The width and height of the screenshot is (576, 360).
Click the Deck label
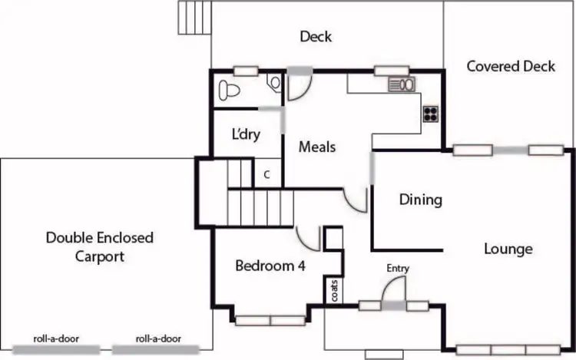point(316,36)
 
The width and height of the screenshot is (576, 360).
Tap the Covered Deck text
point(511,66)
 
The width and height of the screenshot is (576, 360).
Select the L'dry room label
point(246,134)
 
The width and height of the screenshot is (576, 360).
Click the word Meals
point(317,147)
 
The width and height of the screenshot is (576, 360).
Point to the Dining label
point(421,200)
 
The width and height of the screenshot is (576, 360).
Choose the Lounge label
point(508,249)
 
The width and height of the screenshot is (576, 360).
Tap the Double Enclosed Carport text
point(99,246)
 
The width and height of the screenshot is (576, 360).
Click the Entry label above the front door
point(398,268)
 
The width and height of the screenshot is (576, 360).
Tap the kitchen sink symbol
point(401,84)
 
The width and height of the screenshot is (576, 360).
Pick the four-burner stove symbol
point(430,113)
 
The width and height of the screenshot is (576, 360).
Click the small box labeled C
point(266,173)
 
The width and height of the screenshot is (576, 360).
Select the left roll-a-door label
point(56,339)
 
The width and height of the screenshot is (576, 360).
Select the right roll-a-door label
point(157,339)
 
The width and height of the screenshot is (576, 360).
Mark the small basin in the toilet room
point(275,82)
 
